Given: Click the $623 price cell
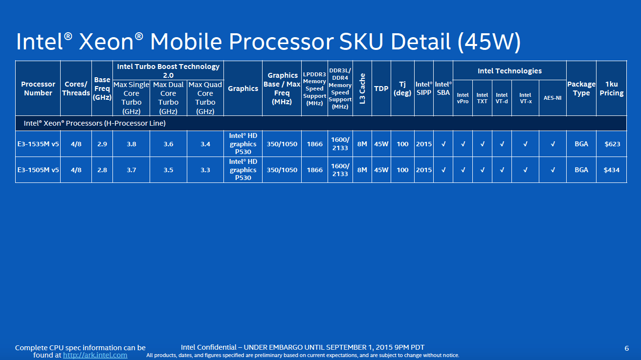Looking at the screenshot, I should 611,144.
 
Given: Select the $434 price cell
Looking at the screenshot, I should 611,170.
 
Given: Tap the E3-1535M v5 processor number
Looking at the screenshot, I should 38,144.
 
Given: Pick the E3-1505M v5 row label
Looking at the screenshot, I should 38,170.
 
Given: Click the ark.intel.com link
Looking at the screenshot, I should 95,355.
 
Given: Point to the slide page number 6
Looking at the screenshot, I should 627,348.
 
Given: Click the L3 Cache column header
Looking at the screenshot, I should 362,89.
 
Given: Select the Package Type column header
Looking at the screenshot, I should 581,89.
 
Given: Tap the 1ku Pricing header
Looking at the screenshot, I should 611,89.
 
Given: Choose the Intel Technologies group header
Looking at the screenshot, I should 509,71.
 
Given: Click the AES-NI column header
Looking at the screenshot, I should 553,98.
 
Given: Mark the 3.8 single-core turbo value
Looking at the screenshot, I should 132,144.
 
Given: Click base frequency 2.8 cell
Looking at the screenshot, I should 102,170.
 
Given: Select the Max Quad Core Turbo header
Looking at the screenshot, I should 205,98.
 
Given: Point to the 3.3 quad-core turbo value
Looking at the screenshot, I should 205,170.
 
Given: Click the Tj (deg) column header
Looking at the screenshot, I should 402,89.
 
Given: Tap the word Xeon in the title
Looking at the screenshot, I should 106,43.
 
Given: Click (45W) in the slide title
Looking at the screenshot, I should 489,43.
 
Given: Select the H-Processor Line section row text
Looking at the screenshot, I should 91,123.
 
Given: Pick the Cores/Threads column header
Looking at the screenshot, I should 76,89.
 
